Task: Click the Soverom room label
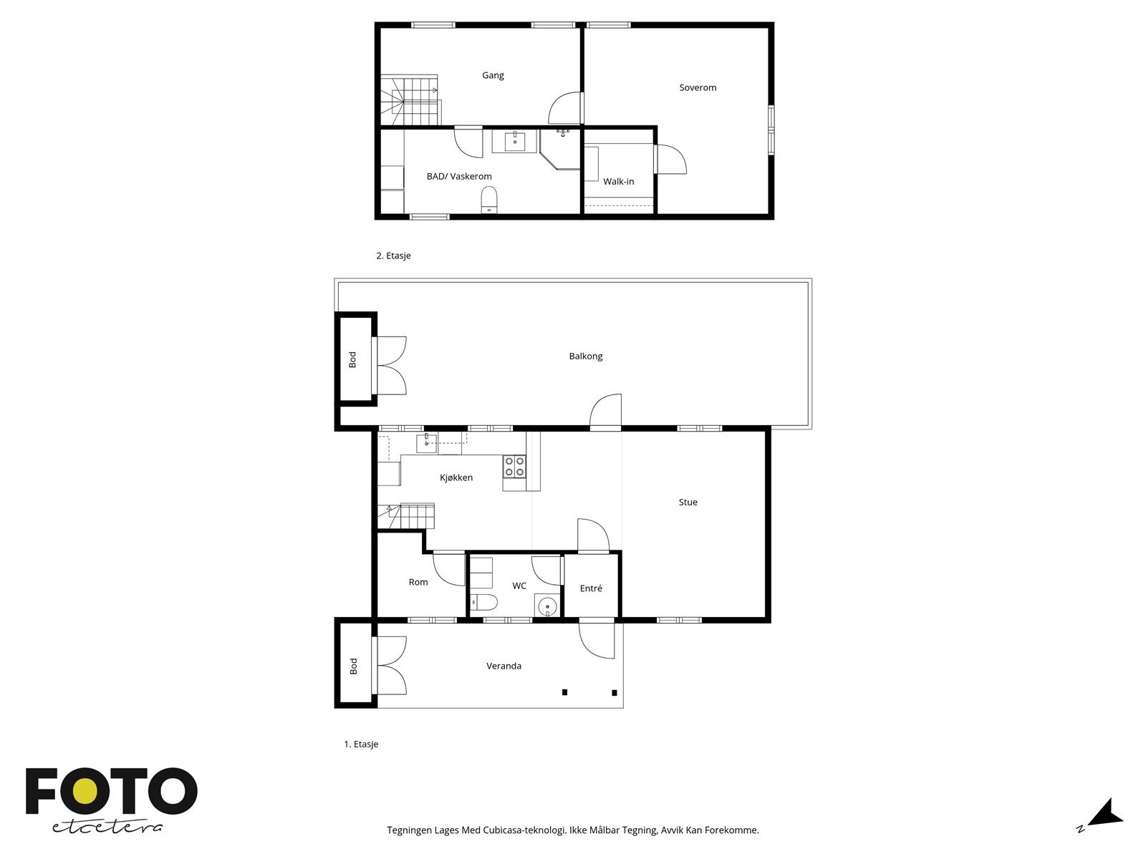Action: (698, 88)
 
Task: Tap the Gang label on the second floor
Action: (493, 75)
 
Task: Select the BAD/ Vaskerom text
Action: (459, 176)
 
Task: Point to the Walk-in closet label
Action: (618, 182)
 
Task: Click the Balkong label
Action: (585, 356)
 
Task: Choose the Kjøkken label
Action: (456, 478)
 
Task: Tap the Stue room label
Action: (688, 503)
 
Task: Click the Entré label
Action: (591, 588)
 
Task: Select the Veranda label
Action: (504, 666)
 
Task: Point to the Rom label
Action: (418, 583)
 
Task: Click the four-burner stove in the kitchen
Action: (514, 467)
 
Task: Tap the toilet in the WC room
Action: (484, 602)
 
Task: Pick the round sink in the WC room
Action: (548, 606)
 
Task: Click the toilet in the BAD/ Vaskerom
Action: (489, 198)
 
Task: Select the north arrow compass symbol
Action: (1106, 814)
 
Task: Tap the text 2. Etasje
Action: (393, 256)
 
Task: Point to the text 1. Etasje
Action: (361, 744)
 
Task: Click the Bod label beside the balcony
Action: (352, 360)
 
